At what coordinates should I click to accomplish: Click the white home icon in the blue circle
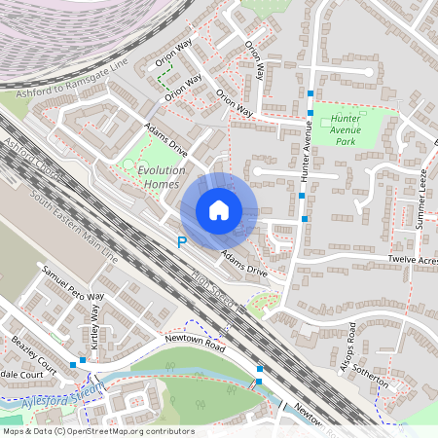click(x=219, y=210)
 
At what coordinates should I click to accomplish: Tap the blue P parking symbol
click(x=181, y=242)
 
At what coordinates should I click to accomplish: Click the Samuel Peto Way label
click(x=73, y=283)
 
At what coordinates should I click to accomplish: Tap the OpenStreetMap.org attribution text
click(x=97, y=431)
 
